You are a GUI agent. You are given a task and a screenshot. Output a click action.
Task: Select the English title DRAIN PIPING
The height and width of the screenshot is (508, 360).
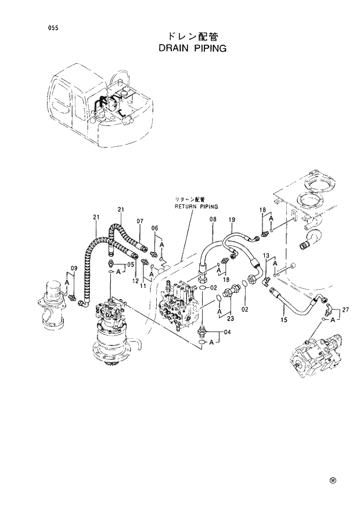192,49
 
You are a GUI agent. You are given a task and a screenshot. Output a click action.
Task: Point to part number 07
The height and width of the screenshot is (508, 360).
140,221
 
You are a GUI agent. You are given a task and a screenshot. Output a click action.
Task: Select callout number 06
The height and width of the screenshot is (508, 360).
155,228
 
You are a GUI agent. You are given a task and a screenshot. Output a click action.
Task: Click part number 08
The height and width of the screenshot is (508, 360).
213,219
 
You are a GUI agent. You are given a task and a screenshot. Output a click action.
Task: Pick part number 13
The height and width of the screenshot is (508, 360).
266,256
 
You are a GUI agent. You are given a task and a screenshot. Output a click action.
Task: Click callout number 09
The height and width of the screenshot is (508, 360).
74,268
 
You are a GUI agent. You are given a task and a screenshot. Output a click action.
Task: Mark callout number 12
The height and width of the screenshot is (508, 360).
135,281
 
